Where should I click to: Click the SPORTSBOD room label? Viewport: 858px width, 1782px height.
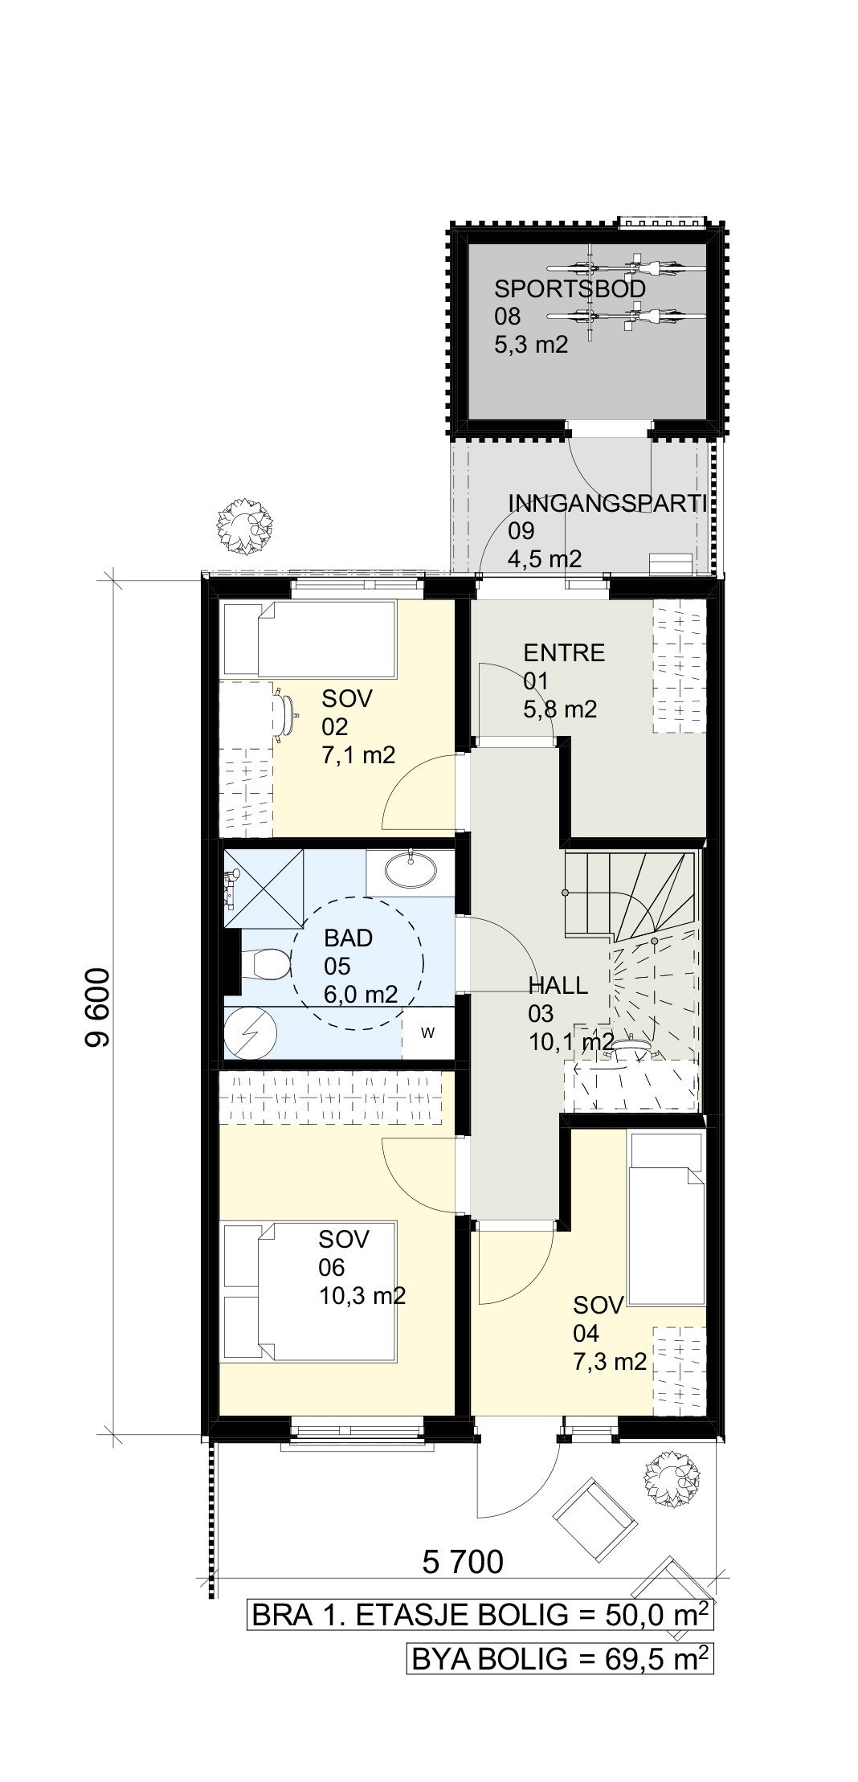[x=570, y=288]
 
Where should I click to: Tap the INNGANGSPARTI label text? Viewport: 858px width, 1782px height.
[x=607, y=504]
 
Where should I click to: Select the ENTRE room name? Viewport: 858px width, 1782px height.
[x=564, y=652]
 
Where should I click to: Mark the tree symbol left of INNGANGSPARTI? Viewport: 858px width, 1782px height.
[x=241, y=522]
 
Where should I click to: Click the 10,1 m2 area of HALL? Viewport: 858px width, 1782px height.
[x=571, y=1043]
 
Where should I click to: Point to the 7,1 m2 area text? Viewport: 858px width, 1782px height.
[x=358, y=755]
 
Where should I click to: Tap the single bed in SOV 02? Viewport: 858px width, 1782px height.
[x=309, y=639]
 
